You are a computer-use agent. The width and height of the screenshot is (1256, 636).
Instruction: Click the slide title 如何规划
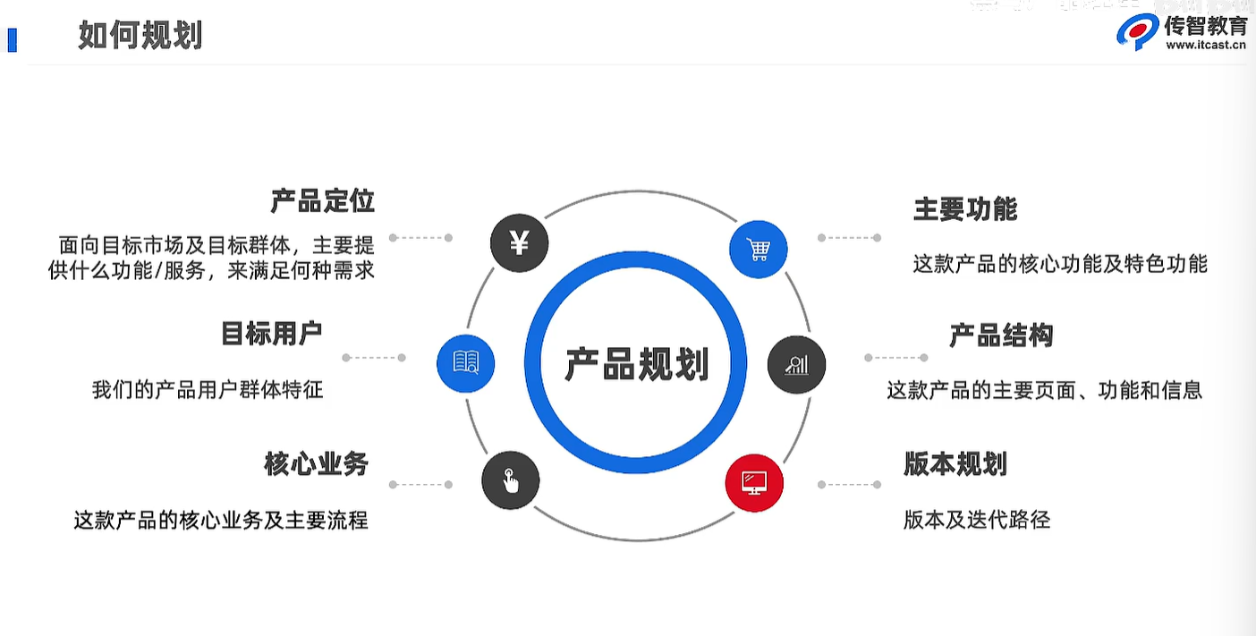(140, 37)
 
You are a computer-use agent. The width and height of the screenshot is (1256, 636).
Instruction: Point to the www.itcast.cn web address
(1206, 47)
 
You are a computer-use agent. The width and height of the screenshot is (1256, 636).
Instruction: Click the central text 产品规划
(636, 364)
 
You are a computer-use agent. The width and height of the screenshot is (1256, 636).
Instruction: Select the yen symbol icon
(520, 243)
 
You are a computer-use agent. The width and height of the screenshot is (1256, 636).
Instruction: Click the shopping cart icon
(758, 249)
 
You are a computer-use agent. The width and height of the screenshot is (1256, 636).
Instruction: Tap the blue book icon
(465, 362)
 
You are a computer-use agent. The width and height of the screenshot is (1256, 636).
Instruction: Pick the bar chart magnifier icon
(796, 364)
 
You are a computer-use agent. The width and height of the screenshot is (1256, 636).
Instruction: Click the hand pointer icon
(510, 480)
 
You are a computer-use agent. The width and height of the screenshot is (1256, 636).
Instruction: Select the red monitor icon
(754, 484)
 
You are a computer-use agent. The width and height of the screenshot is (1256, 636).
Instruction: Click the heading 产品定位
(322, 201)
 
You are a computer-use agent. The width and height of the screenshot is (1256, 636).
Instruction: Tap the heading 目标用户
(271, 334)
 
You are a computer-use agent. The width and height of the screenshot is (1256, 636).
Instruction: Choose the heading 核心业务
(316, 463)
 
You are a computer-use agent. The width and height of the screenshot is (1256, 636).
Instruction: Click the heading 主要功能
(965, 209)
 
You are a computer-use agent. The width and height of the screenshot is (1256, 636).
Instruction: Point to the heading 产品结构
(1001, 335)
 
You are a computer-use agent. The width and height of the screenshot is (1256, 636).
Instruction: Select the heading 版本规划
(955, 464)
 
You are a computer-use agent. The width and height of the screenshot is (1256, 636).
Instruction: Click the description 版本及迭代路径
(976, 520)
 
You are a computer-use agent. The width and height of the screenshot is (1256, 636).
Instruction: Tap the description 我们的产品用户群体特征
(208, 390)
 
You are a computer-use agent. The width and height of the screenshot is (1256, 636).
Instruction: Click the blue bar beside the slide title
(12, 40)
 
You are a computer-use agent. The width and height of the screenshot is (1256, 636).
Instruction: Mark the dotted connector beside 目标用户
(374, 358)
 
